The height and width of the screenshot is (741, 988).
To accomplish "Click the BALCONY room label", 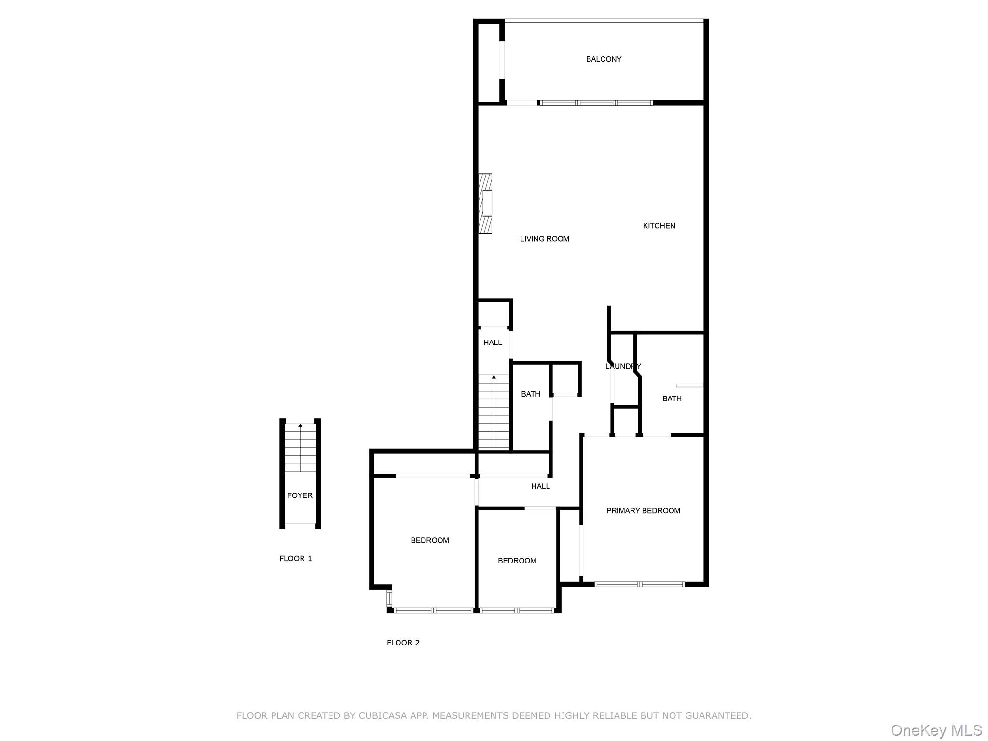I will pos(604,59).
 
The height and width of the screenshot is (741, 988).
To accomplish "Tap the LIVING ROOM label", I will pos(544,239).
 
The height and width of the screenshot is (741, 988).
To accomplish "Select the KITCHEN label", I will pos(659,226).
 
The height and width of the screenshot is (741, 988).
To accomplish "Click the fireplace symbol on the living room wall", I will pos(485,204).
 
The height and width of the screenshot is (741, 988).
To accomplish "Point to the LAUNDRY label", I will pos(623,366).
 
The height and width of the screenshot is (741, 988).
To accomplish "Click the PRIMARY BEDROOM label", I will pos(643,511).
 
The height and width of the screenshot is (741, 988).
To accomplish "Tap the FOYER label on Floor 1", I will pos(300,495).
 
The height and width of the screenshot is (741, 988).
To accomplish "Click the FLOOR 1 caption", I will pos(295,559).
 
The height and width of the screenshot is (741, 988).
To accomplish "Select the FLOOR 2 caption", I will pos(403,643).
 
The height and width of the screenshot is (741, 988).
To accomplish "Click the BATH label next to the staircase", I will pos(530,394).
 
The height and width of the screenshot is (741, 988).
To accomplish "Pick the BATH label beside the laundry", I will pos(672,398).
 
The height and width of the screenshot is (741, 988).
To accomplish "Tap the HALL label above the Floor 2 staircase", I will pos(493,343).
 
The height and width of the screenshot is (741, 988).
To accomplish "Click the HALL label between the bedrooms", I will pos(540,486).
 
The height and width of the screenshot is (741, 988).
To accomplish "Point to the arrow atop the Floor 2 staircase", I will pos(494,377).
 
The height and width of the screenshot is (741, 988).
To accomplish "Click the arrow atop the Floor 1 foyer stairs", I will pos(300,425).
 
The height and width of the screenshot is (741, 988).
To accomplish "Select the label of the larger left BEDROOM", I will pos(429,540).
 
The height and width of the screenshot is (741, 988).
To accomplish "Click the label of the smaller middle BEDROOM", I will pos(517,561).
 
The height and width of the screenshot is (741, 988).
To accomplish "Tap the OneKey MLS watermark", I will pos(936,730).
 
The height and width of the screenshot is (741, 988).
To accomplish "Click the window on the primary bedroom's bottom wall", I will pos(639,584).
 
